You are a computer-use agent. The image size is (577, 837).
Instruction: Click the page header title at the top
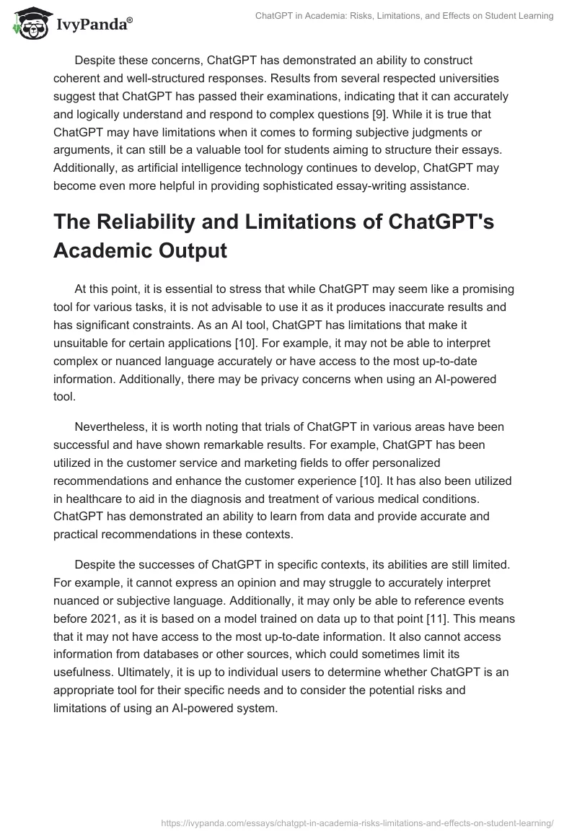pos(405,16)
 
